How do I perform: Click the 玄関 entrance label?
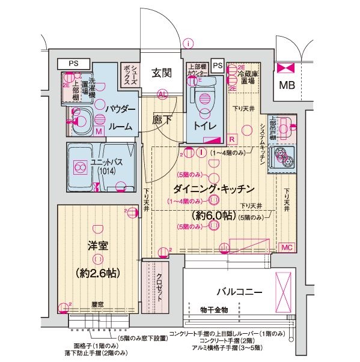pos(162,73)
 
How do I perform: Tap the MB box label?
pos(287,85)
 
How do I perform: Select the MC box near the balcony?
pos(287,246)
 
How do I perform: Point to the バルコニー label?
pos(239,292)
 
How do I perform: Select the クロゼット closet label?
pos(159,290)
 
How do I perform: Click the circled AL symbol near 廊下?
pos(162,94)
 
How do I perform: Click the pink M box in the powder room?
pos(98,130)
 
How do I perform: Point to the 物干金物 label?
pos(214,310)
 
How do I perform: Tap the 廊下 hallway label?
pos(162,119)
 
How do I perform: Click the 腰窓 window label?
pos(98,304)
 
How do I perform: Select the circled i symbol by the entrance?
pos(189,43)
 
